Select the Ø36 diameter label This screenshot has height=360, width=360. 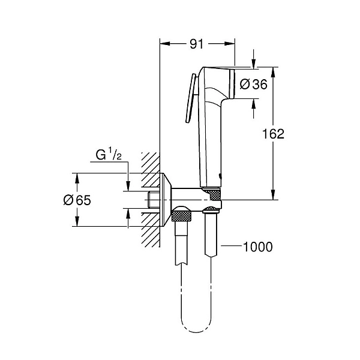coord(253,85)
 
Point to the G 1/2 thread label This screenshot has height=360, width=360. coord(110,156)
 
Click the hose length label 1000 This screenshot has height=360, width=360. coord(257,247)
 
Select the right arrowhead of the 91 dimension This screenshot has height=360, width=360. coord(230,44)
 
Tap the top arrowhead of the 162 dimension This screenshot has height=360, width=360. coord(274,71)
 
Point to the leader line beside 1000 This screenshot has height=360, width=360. coord(232,247)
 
